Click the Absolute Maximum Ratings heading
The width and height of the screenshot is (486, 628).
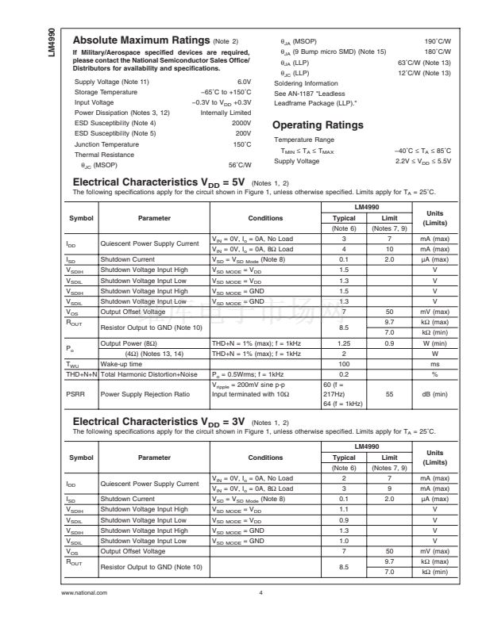[x=140, y=41]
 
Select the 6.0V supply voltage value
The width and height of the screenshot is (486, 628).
[x=244, y=82]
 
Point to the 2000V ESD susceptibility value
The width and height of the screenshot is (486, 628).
[x=241, y=123]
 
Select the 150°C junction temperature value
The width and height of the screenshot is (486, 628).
[x=242, y=144]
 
